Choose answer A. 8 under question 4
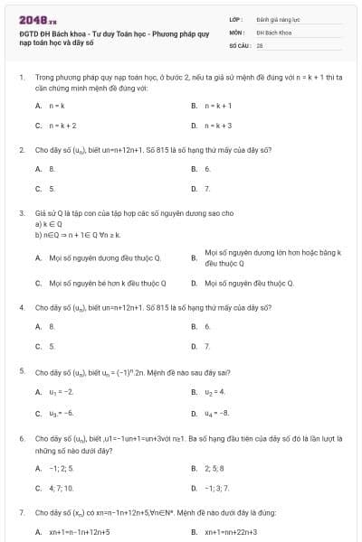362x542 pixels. [x=52, y=326]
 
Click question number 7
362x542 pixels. [x=21, y=512]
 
